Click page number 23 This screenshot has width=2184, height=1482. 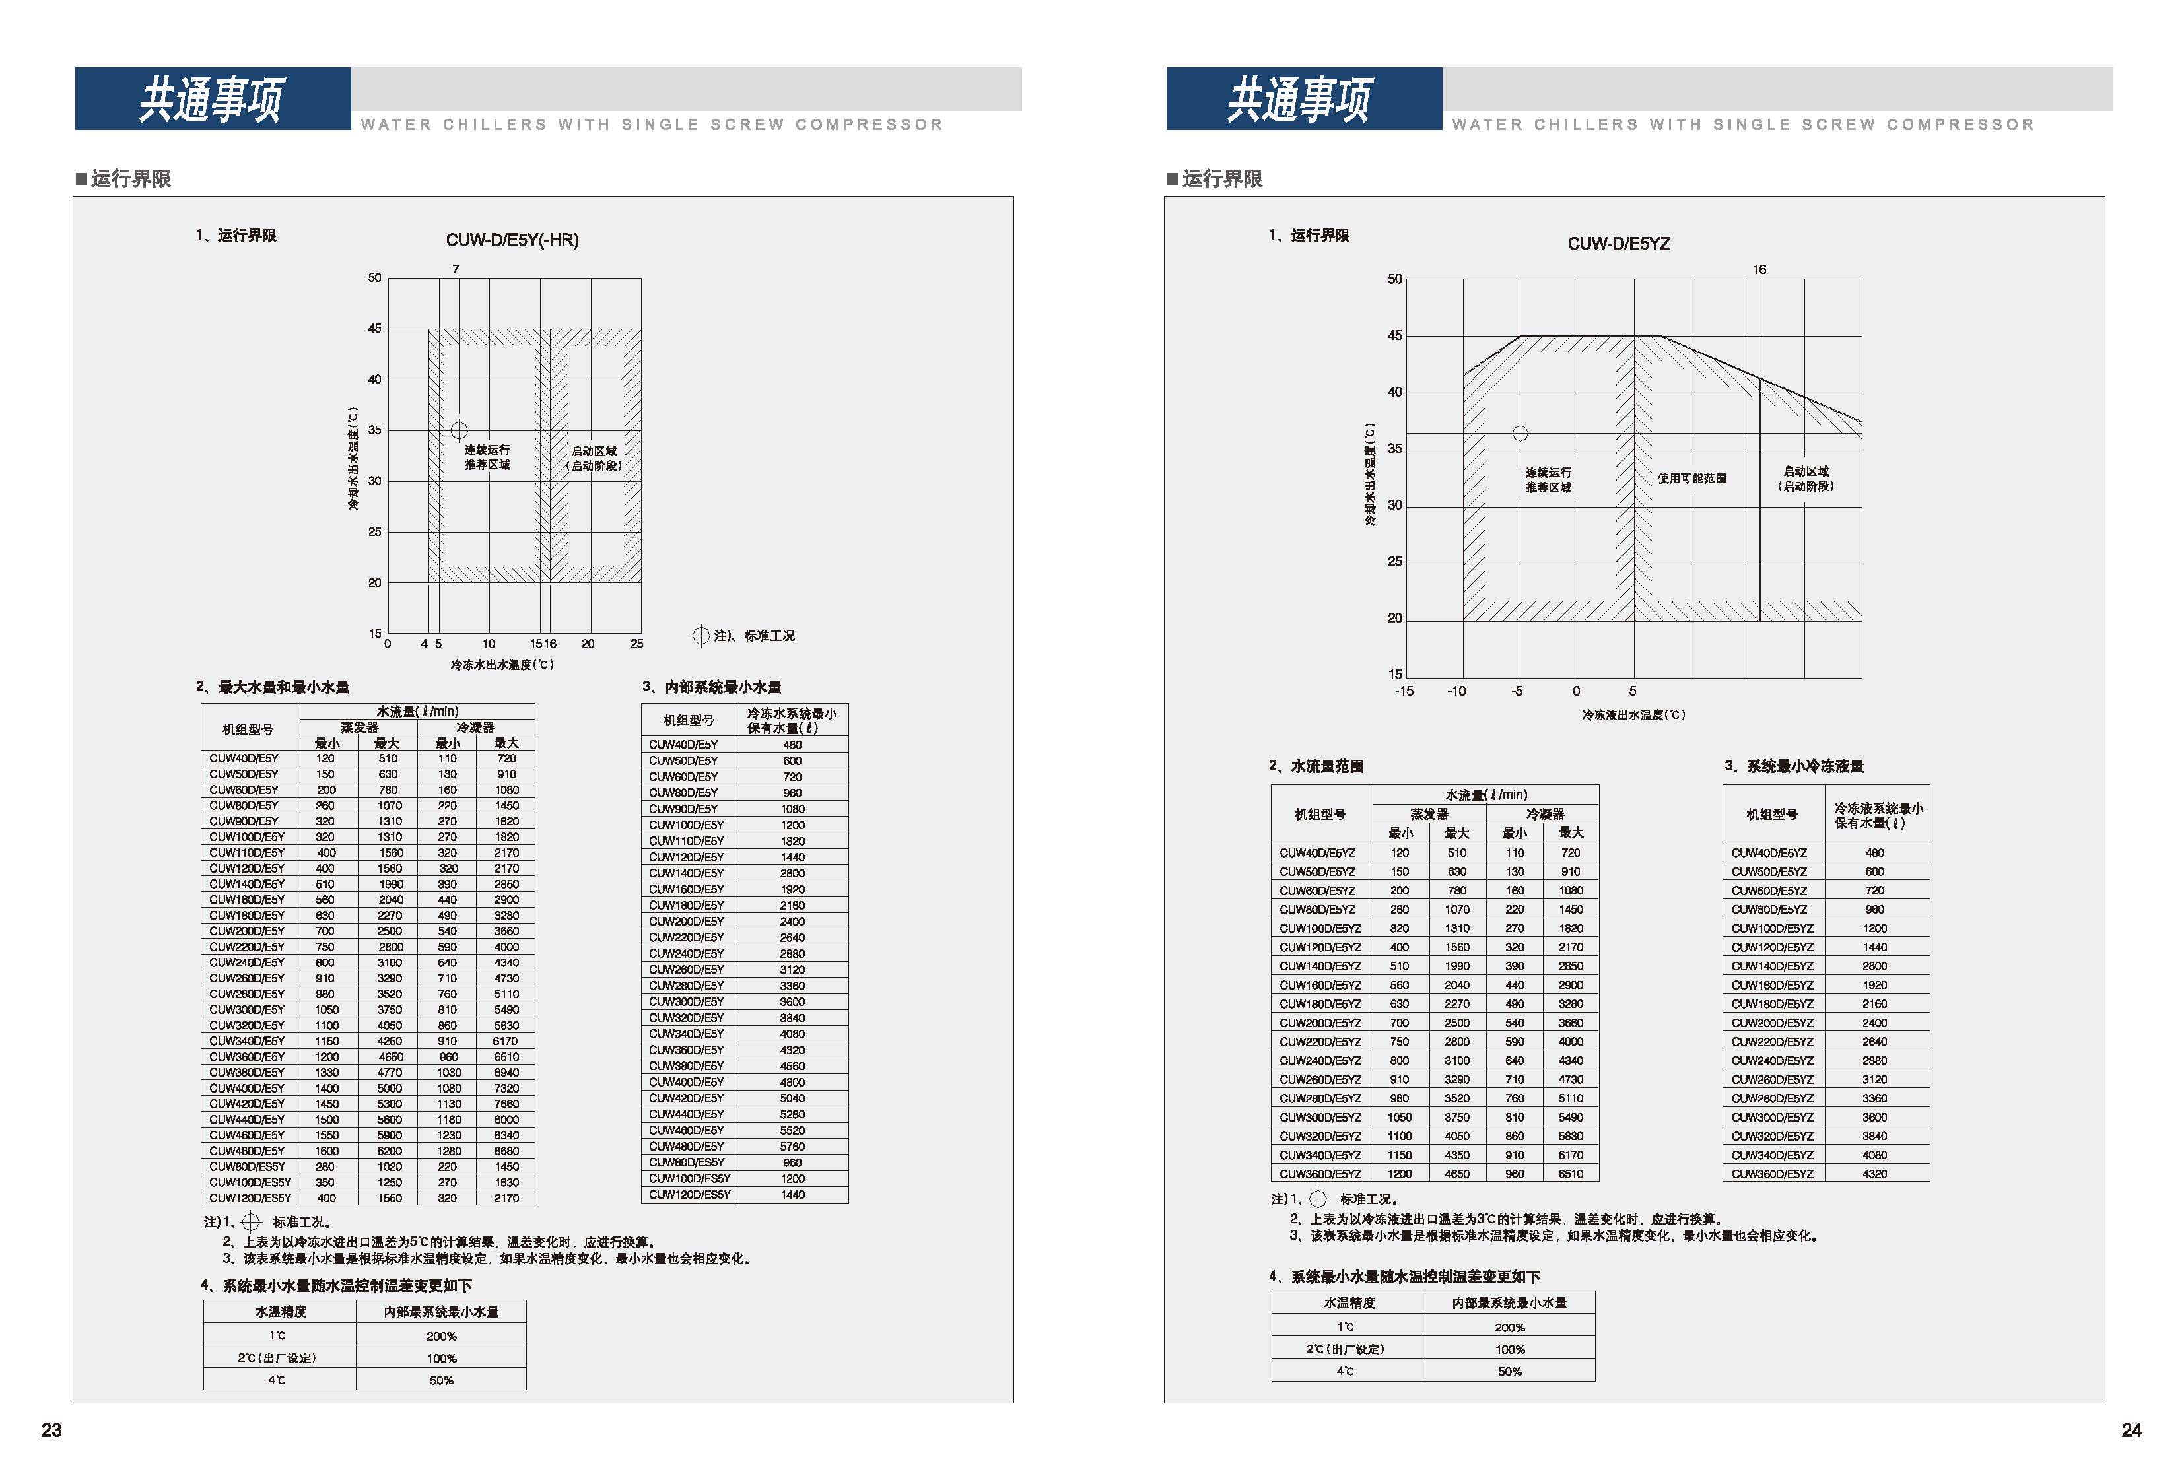click(51, 1431)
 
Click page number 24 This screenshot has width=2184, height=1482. click(2131, 1431)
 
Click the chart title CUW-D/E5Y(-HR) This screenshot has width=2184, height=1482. click(512, 240)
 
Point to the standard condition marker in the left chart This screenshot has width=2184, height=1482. click(459, 430)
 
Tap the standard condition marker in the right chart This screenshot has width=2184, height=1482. click(1520, 433)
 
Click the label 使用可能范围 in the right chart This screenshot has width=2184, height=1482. click(1691, 479)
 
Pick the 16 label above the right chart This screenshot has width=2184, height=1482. click(1759, 270)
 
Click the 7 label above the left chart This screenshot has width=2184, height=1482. click(456, 269)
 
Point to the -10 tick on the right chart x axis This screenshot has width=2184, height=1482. click(1456, 690)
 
